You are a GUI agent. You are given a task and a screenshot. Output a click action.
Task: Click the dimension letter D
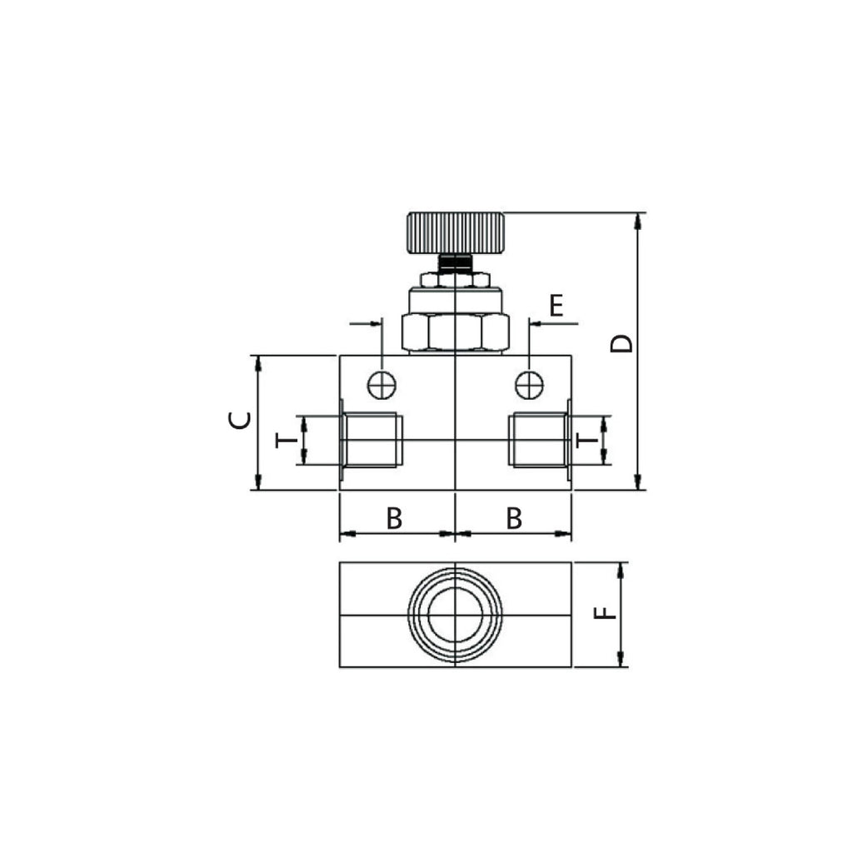(x=621, y=343)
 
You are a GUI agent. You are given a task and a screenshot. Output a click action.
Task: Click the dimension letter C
(x=239, y=420)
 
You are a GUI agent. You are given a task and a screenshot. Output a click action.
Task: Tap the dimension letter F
(x=605, y=613)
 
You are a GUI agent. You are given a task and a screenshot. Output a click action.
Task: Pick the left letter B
(x=394, y=518)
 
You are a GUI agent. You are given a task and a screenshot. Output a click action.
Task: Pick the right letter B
(x=514, y=518)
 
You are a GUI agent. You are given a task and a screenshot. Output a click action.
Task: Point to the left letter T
(x=287, y=440)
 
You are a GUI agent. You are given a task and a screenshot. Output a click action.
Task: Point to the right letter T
(x=587, y=440)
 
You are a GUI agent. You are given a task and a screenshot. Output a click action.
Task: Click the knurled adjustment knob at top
(x=456, y=233)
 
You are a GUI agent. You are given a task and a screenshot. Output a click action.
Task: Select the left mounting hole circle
(x=382, y=386)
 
